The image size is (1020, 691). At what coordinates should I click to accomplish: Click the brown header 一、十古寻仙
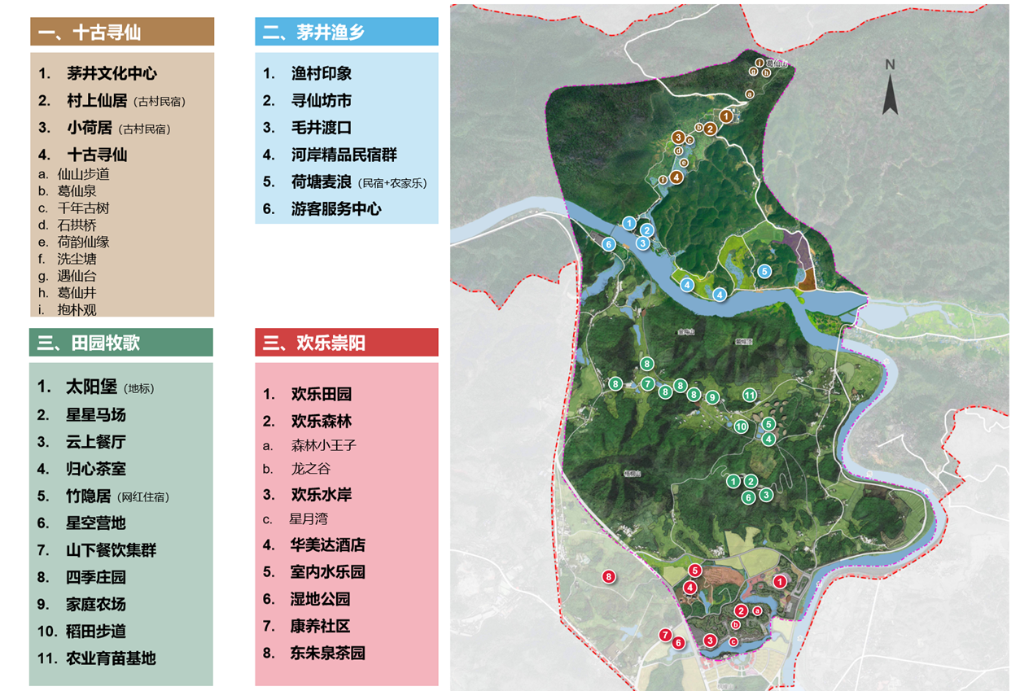[x=122, y=32]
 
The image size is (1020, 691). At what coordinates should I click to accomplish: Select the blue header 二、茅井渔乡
[x=346, y=32]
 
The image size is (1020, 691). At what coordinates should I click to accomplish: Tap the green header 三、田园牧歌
[x=120, y=343]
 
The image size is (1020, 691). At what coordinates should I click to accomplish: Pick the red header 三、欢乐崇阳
[x=346, y=343]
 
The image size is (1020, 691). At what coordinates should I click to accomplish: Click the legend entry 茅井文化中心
[x=112, y=73]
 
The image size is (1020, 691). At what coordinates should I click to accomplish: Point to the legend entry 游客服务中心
[x=335, y=208]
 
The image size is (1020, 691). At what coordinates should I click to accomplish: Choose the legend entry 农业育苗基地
[x=111, y=658]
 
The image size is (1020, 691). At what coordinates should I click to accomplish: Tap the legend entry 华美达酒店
[x=328, y=545]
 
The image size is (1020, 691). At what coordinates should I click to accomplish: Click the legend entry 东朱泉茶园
[x=328, y=653]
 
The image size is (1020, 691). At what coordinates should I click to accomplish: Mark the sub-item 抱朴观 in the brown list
[x=77, y=310]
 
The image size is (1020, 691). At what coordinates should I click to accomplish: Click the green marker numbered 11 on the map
[x=750, y=395]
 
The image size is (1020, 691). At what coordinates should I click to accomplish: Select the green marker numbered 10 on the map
[x=741, y=426]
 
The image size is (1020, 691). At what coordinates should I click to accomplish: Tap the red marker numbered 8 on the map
[x=609, y=577]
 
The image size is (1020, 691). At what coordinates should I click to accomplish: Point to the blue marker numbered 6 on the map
[x=608, y=244]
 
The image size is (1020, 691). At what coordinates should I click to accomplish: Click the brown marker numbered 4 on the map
[x=676, y=177]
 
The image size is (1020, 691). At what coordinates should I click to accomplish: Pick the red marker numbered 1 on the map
[x=780, y=581]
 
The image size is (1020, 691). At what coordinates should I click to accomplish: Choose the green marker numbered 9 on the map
[x=712, y=397]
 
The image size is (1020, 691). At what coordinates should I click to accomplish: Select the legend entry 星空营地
[x=96, y=523]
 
